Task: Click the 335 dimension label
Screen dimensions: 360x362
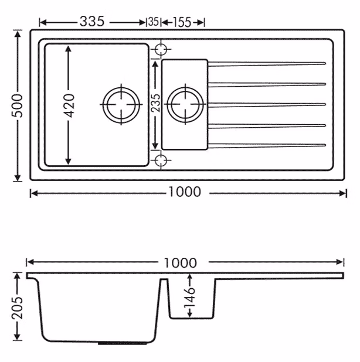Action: (x=92, y=22)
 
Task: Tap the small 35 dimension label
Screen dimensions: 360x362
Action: (x=154, y=22)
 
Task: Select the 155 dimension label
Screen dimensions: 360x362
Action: (x=182, y=22)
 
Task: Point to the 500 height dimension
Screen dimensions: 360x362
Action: (x=18, y=105)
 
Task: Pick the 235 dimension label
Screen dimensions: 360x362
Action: (x=155, y=103)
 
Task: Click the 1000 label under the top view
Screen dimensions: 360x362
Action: (x=185, y=192)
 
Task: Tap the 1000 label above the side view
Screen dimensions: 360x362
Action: (x=180, y=263)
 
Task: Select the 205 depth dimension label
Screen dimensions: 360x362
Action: (x=18, y=308)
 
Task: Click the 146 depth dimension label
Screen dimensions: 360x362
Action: (x=189, y=298)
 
